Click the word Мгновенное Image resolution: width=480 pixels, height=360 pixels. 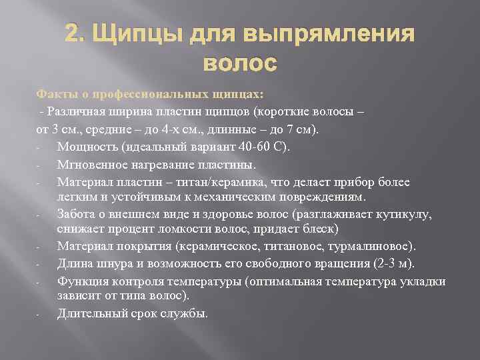[x=91, y=164]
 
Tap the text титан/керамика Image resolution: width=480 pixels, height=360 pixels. [x=209, y=182]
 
